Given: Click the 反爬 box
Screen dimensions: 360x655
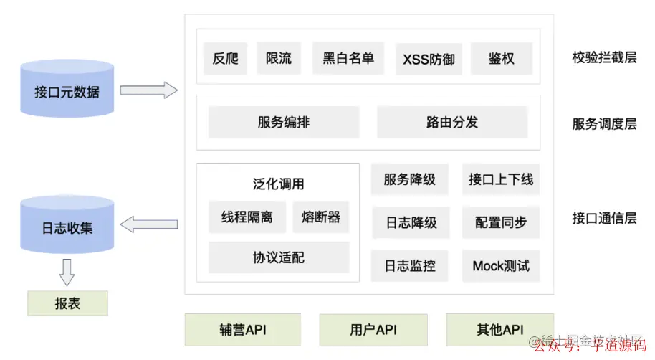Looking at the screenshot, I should tap(225, 58).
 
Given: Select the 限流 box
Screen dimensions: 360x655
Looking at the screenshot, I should tap(278, 58).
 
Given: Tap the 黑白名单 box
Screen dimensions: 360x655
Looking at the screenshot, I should tap(348, 58).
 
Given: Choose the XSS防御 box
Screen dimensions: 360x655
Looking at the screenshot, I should tap(429, 59).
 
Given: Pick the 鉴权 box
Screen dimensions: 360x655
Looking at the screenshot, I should tap(501, 58).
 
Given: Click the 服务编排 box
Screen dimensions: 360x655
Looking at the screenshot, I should tap(283, 122).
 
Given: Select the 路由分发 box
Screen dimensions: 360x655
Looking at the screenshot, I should tap(451, 122).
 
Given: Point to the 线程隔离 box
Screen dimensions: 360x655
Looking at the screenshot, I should tap(247, 217).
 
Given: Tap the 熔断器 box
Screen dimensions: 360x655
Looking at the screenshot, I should tap(320, 217).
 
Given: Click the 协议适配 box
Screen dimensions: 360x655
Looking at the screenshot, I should tap(278, 257).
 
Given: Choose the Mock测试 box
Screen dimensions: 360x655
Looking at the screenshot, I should tap(500, 265).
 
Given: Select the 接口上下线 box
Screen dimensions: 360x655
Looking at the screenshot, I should tap(500, 179).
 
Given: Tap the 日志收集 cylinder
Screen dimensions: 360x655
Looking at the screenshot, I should tap(67, 227).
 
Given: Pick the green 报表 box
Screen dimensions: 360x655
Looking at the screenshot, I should tap(67, 303).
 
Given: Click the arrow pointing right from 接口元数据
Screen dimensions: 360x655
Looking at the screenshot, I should tap(148, 90).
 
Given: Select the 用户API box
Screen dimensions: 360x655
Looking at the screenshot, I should tap(373, 330).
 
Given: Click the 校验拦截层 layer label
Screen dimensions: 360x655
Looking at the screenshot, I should tap(603, 57).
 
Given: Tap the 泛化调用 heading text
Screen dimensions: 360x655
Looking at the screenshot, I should tap(278, 184).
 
